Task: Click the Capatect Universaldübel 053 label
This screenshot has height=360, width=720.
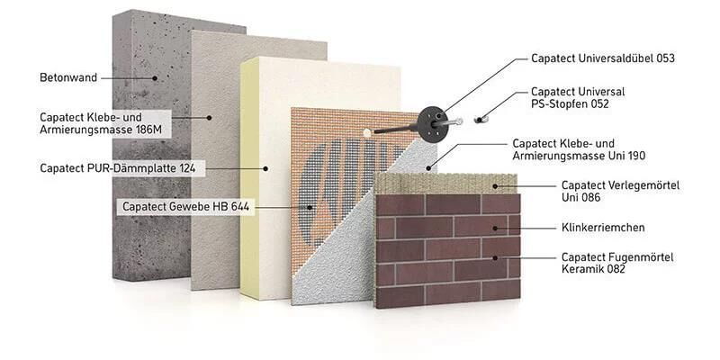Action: [x=602, y=59]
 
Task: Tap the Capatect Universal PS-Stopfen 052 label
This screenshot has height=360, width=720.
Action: [x=577, y=97]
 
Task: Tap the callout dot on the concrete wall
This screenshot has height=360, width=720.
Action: [x=155, y=78]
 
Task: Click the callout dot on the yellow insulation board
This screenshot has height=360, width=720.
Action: [x=265, y=168]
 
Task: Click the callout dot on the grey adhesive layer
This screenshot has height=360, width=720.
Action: [x=208, y=117]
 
